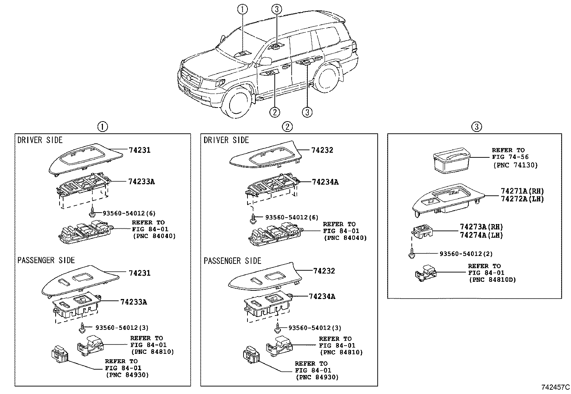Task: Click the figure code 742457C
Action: click(555, 387)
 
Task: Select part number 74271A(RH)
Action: click(522, 191)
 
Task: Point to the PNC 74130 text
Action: click(515, 165)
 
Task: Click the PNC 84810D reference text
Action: click(492, 280)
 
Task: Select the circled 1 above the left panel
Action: click(102, 127)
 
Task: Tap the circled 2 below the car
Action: click(274, 112)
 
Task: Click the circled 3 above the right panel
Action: click(476, 127)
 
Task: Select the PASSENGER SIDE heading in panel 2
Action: click(232, 261)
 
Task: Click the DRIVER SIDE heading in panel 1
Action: click(40, 140)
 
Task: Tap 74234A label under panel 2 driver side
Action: click(325, 182)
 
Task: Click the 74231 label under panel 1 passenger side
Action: click(140, 273)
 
